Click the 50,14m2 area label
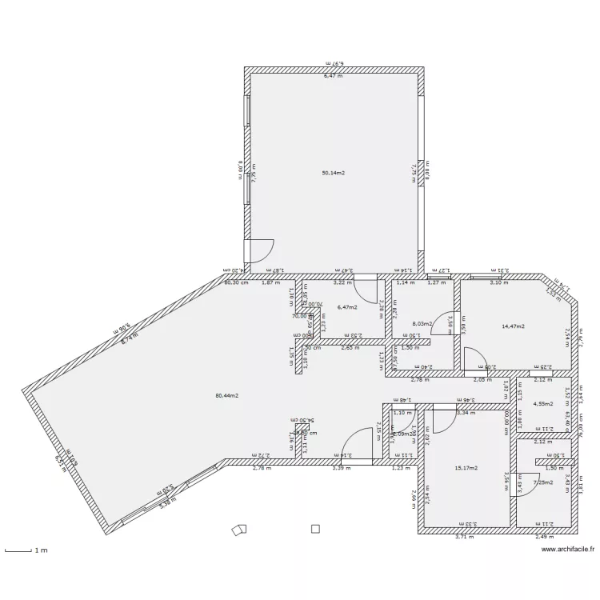(333, 173)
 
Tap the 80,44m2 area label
(228, 395)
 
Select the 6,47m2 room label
(346, 306)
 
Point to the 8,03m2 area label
(422, 324)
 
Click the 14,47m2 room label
(513, 326)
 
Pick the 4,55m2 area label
(543, 404)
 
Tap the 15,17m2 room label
(466, 468)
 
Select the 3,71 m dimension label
(464, 538)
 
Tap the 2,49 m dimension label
(546, 538)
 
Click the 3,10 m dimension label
(498, 282)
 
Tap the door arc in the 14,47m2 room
(473, 358)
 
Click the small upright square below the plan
(315, 529)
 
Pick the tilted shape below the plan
(238, 530)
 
